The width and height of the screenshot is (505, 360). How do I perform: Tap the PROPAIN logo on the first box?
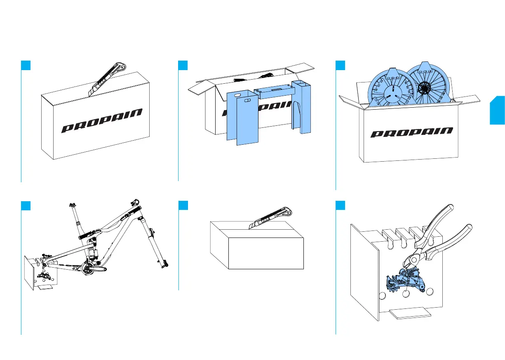coord(102,121)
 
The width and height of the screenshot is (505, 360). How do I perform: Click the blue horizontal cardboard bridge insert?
coord(273,90)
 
